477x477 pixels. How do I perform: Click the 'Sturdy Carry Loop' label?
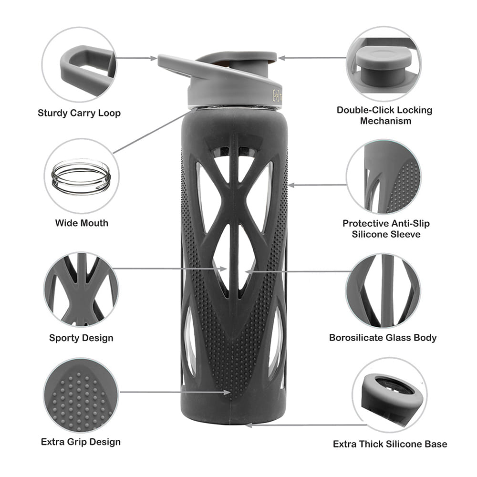point(79,113)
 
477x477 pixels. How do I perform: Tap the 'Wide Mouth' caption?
point(82,223)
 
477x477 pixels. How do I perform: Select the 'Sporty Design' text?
point(81,338)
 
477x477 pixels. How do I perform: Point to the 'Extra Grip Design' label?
point(81,442)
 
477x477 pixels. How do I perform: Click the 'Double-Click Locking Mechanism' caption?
point(384,115)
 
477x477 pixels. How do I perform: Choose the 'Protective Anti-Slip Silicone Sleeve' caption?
point(386,229)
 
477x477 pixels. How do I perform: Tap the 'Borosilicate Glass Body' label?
point(383,338)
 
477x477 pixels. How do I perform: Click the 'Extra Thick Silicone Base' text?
point(390,444)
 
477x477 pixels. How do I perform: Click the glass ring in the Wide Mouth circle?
point(81,177)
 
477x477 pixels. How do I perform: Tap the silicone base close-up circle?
point(390,394)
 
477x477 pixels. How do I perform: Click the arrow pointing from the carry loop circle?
point(136,58)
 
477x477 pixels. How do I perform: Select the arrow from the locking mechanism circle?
point(313,58)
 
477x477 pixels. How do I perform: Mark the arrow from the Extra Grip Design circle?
point(176,392)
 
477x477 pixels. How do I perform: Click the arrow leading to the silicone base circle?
point(306,425)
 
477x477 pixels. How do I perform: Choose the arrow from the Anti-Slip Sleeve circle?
point(317,185)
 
